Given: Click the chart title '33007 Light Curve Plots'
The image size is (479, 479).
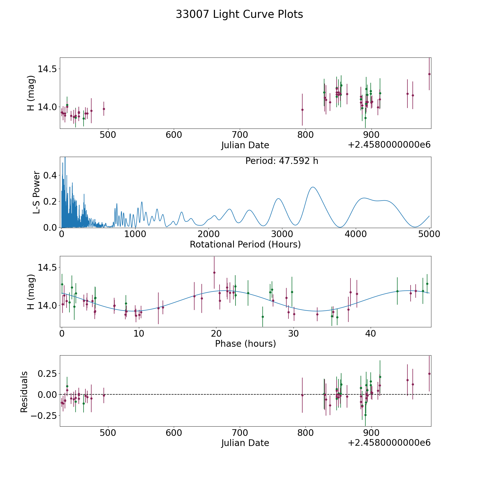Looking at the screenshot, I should [x=239, y=14].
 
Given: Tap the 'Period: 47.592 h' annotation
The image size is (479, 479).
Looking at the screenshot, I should [x=282, y=161].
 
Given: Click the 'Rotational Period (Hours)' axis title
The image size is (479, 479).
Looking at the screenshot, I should [x=245, y=244].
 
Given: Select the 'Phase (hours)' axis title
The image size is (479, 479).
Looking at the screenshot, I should [x=245, y=344].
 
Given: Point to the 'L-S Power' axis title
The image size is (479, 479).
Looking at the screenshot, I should [x=37, y=192].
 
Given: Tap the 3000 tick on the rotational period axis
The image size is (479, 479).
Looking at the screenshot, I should [x=282, y=234].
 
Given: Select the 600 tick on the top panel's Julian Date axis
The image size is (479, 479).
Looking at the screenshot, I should [x=174, y=135].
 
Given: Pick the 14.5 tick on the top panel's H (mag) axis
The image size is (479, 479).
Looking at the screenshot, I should [x=47, y=69].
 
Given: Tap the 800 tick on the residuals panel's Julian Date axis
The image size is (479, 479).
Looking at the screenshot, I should [x=305, y=433].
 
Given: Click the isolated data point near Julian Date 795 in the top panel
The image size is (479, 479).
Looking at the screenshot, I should [x=302, y=110].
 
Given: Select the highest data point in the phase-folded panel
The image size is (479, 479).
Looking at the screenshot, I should [x=214, y=272].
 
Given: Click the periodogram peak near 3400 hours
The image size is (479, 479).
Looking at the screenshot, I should [x=313, y=187].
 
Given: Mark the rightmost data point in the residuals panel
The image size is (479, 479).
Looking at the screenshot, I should [x=429, y=374].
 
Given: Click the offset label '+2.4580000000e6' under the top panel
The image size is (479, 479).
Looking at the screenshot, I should [x=389, y=145].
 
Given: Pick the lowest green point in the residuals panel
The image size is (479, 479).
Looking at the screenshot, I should [x=365, y=415].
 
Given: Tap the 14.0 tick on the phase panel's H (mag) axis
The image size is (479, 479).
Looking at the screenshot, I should [x=47, y=305].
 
